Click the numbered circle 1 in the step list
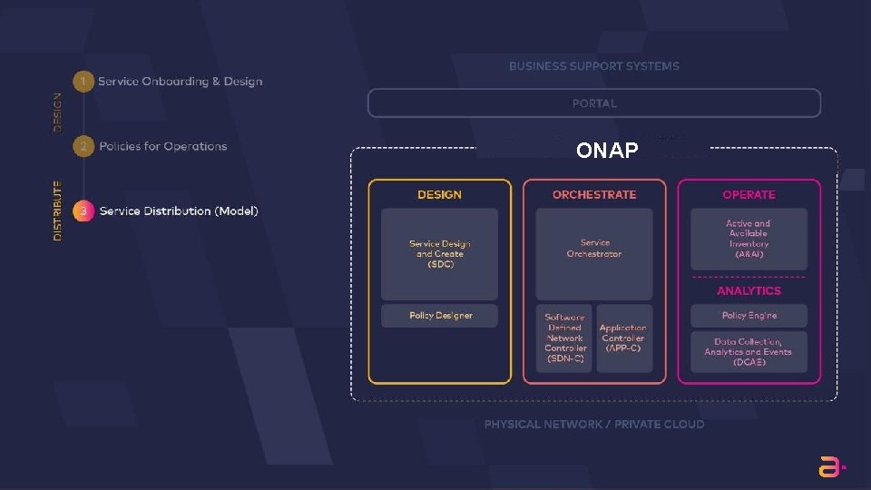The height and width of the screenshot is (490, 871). (83, 82)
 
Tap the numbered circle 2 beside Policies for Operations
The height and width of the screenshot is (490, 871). (83, 146)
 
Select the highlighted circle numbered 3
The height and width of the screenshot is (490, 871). (83, 211)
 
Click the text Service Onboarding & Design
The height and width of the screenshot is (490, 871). (180, 82)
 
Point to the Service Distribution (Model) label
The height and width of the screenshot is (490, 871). (179, 211)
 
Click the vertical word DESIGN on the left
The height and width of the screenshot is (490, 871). (58, 113)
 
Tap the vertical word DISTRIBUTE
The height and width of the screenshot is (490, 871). (58, 211)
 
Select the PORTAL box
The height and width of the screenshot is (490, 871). (593, 103)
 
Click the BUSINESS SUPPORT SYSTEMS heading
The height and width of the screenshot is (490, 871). (593, 66)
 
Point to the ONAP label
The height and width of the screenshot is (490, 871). (607, 151)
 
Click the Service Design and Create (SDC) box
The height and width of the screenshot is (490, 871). (439, 254)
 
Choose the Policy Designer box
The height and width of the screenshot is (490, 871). (440, 316)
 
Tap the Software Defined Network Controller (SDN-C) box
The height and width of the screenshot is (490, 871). (564, 338)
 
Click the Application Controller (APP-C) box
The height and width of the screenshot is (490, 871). (624, 338)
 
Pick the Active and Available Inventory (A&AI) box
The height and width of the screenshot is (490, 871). (749, 239)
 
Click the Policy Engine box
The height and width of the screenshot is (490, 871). (749, 316)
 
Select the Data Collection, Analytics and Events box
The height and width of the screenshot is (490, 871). (749, 352)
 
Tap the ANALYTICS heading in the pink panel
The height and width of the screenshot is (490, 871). (749, 291)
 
